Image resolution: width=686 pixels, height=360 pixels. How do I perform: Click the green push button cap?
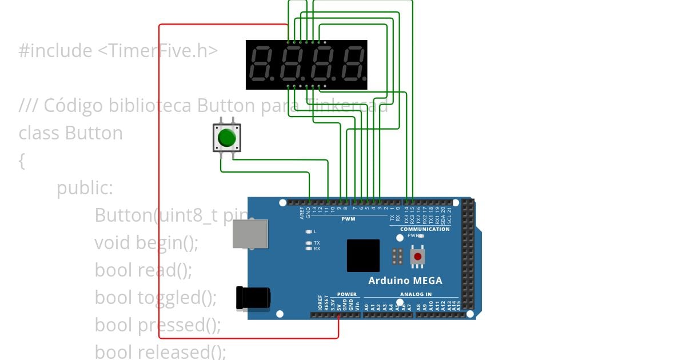pos(227,138)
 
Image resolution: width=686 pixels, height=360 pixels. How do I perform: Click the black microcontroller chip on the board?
pos(363,255)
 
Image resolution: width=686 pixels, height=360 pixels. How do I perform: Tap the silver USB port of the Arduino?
pos(250,234)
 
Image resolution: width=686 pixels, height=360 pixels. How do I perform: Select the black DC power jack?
pos(253,298)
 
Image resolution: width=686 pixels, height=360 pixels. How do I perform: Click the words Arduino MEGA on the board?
pos(405,281)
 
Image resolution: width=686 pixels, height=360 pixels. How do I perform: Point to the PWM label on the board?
pos(348,219)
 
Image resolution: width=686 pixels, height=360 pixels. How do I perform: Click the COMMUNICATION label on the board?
pos(425,229)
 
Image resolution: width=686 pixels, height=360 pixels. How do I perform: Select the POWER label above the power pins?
pos(346,294)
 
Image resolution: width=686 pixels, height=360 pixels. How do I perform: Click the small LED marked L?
pos(309,231)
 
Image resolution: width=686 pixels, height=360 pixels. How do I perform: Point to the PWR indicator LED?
pos(421,235)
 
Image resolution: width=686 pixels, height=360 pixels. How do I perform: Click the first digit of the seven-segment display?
pos(262,64)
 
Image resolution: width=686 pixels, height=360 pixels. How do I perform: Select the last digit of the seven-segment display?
pos(353,64)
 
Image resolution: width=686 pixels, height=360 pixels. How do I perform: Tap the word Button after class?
pos(94,133)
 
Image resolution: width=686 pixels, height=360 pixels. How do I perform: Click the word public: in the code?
pos(85,188)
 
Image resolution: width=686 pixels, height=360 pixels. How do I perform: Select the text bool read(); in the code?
pos(143,270)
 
